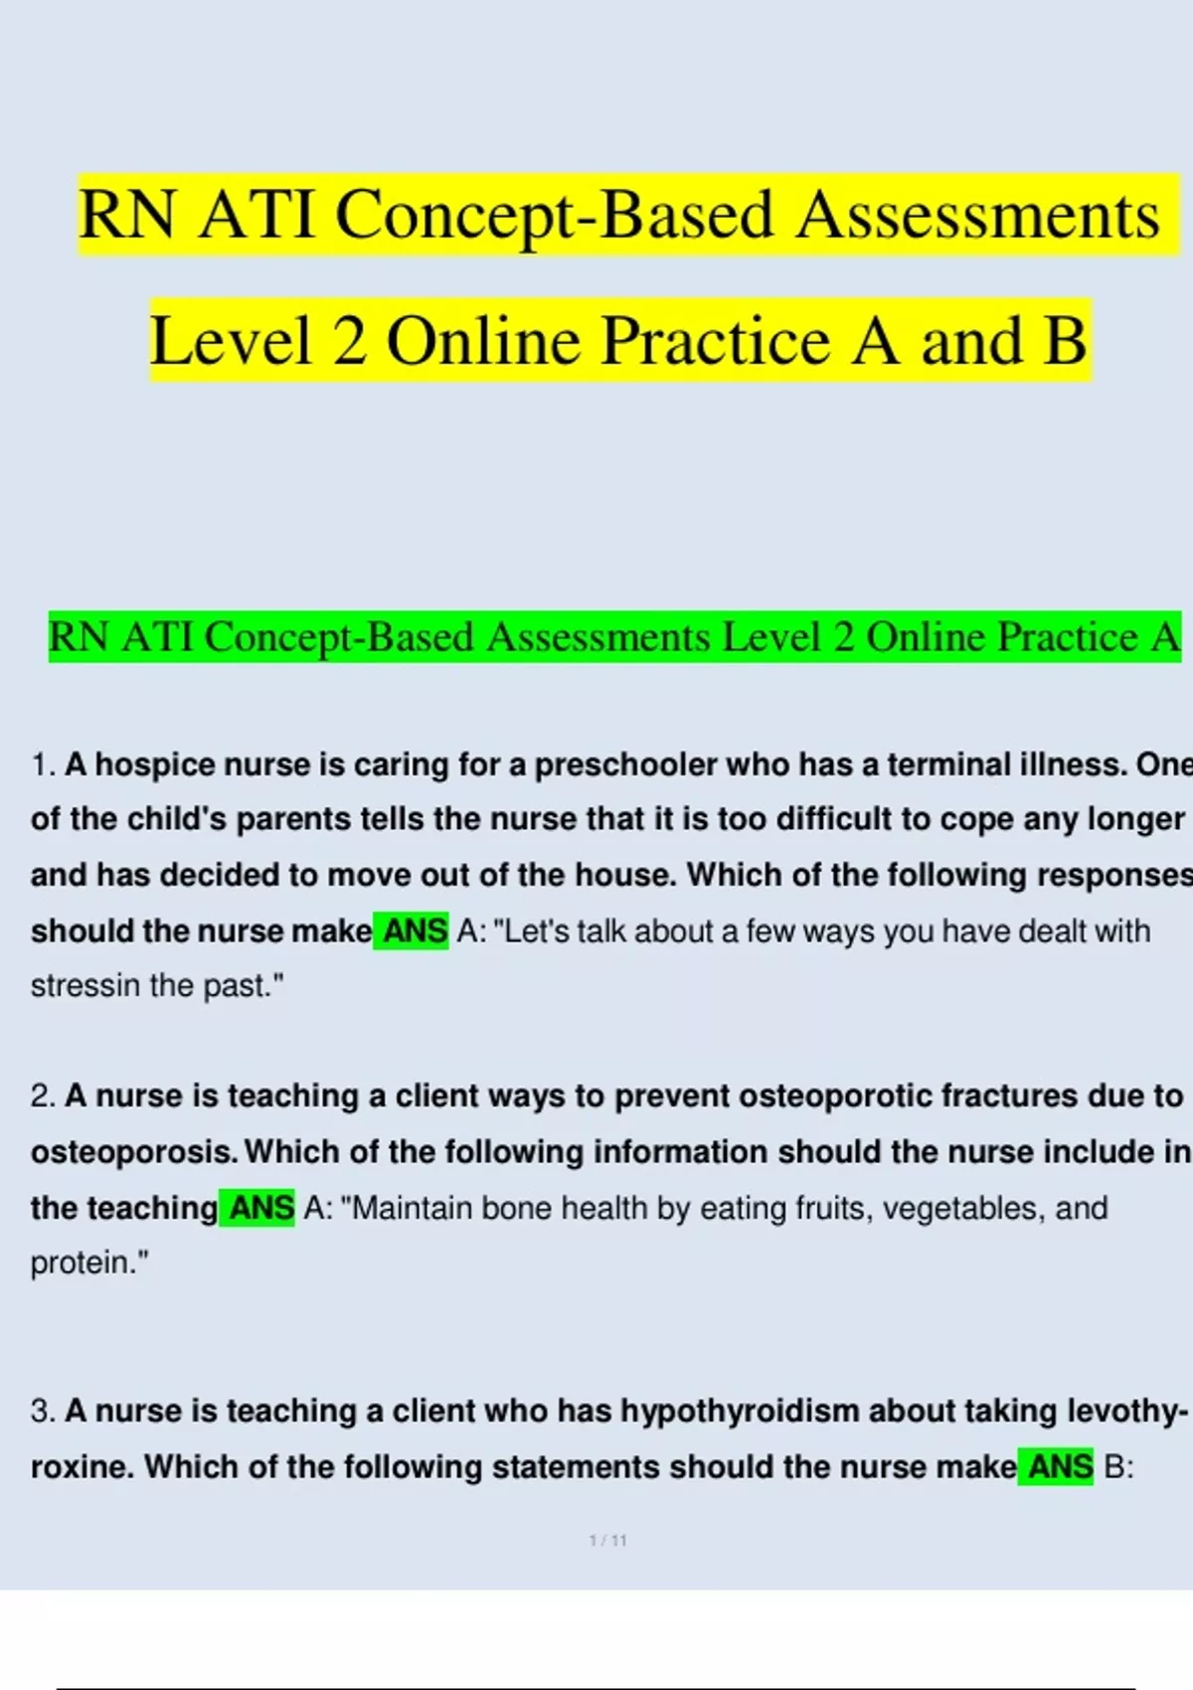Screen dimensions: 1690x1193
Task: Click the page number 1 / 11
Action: click(607, 1541)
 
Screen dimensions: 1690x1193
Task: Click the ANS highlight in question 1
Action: click(412, 931)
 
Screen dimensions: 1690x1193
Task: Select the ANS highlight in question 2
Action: click(258, 1208)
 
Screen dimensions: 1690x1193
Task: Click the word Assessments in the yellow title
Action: click(976, 215)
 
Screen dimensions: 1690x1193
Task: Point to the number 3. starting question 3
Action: click(43, 1411)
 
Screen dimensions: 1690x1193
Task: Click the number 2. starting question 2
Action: click(43, 1096)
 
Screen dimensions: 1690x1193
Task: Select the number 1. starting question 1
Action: click(43, 764)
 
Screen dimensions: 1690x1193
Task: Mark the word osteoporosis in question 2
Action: click(133, 1152)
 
